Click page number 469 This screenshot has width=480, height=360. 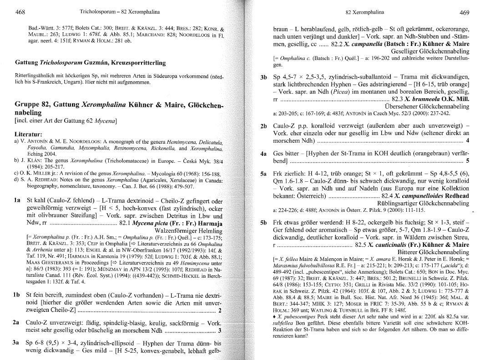pyautogui.click(x=464, y=12)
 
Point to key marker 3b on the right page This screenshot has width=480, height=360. pyautogui.click(x=264, y=77)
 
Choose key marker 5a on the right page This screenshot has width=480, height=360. pyautogui.click(x=263, y=174)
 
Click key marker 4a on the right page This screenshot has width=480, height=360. pyautogui.click(x=263, y=154)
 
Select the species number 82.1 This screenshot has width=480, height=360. pyautogui.click(x=126, y=223)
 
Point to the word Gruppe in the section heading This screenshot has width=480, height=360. pyautogui.click(x=28, y=105)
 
